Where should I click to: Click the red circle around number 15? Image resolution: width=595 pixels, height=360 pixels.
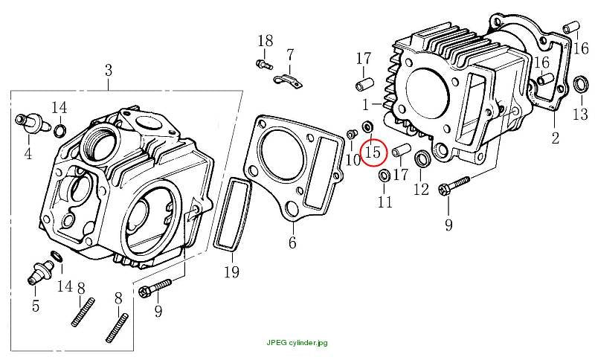[361, 152]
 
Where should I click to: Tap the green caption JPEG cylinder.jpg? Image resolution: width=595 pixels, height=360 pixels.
[297, 343]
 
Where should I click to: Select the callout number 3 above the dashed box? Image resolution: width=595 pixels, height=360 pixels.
[109, 70]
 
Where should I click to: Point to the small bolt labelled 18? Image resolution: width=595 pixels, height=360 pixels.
[264, 64]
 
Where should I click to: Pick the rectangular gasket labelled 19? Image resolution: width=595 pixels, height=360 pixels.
[232, 214]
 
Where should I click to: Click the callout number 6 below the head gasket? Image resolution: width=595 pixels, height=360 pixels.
[292, 242]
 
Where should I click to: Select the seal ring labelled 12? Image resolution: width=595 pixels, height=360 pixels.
[422, 158]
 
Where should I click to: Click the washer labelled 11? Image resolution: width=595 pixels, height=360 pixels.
[384, 176]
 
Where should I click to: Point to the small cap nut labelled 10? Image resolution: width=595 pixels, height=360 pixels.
[352, 134]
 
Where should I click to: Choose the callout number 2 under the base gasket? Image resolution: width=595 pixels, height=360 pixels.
[555, 138]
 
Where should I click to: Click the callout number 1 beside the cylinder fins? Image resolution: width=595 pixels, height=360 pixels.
[365, 105]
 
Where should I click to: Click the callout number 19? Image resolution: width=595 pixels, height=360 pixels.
[231, 272]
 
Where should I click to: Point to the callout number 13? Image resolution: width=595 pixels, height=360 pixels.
[581, 115]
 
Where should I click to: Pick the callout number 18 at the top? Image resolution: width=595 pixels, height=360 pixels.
[266, 41]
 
